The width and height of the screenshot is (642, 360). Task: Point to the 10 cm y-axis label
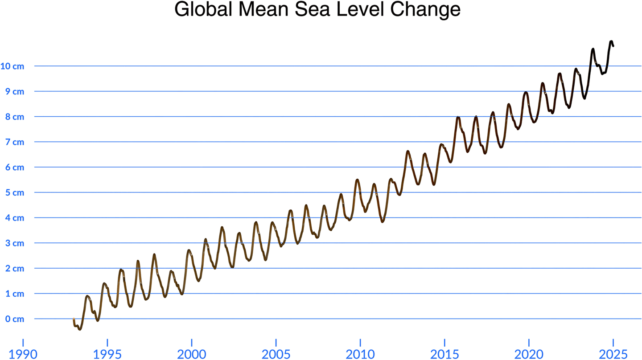tap(12, 66)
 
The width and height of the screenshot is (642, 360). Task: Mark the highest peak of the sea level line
tap(611, 41)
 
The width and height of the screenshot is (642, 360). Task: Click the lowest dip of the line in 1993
tap(80, 329)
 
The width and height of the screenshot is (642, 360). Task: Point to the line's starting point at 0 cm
tap(74, 319)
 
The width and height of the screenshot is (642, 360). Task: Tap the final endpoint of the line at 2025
tap(613, 46)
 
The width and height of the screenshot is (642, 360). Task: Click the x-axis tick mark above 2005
tap(276, 341)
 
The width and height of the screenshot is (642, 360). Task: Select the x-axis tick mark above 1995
tap(107, 341)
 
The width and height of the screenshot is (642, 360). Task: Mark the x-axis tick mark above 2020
tap(529, 341)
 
